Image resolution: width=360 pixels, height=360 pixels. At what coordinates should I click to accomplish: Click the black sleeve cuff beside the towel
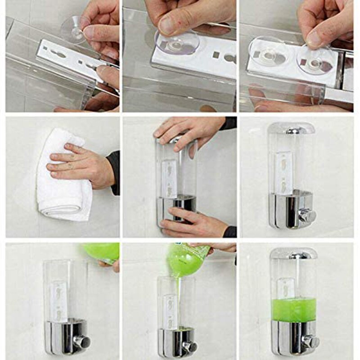(x=114, y=171)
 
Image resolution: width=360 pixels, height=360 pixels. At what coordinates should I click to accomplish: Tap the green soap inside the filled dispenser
(x=294, y=309)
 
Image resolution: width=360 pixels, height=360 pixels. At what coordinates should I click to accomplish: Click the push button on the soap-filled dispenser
(x=310, y=342)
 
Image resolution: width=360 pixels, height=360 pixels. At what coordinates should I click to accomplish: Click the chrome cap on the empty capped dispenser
(x=292, y=129)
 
